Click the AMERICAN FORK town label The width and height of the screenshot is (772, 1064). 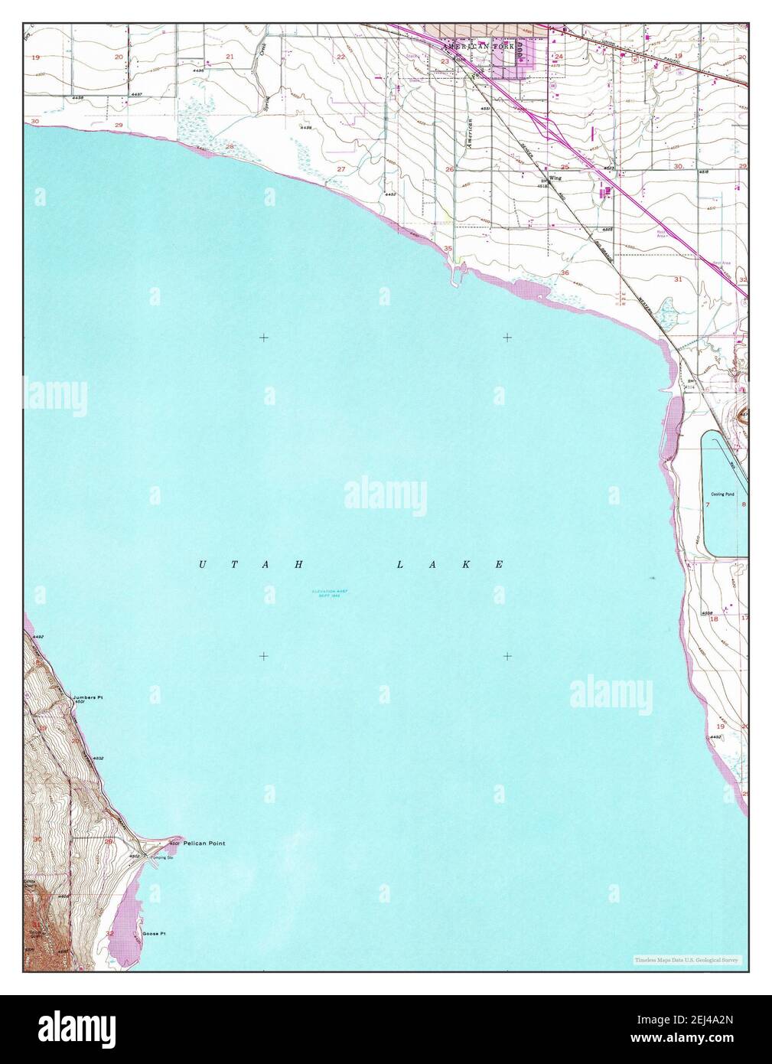tap(480, 47)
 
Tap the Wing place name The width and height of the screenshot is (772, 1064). tap(555, 178)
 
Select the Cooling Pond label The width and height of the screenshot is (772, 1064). tap(722, 494)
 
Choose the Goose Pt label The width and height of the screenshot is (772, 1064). tap(151, 935)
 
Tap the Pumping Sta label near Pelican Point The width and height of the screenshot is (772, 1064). tap(158, 858)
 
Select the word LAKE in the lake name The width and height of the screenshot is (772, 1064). tap(449, 565)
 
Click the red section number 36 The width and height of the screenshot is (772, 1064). tap(565, 273)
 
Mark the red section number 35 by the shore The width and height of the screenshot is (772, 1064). tap(448, 249)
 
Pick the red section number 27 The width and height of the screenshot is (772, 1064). tap(341, 168)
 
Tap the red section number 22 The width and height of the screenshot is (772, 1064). tap(341, 57)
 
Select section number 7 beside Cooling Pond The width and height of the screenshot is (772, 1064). tap(708, 505)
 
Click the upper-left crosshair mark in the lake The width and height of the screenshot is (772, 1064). tap(263, 337)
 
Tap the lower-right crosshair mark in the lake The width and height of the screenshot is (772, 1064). tap(507, 656)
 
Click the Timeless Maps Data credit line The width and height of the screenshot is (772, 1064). tap(686, 960)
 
